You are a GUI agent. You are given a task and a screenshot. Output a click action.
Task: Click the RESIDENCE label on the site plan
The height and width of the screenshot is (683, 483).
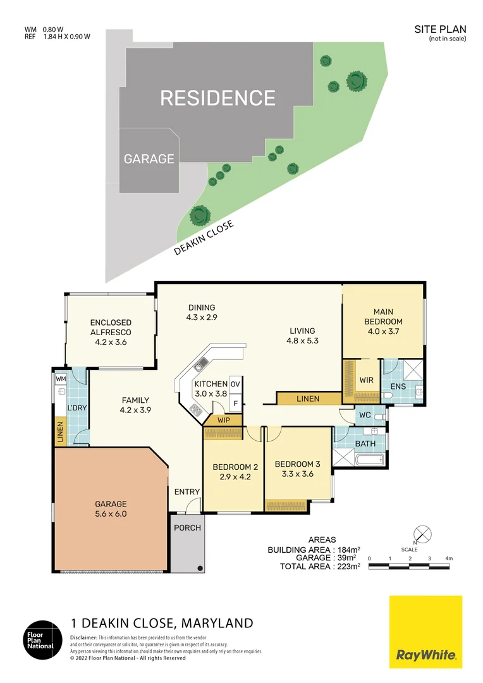[217, 98]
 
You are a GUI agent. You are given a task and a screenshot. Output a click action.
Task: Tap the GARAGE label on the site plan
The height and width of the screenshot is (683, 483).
[149, 159]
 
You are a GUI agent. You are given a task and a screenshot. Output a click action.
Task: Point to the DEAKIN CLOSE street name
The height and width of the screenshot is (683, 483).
[204, 238]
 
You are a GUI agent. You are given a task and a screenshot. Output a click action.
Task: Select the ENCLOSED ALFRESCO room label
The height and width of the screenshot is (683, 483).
[111, 327]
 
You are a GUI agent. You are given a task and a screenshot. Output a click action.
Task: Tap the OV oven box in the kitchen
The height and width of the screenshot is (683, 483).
[235, 385]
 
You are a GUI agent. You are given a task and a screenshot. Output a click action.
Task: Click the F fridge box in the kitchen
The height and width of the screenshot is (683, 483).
[235, 402]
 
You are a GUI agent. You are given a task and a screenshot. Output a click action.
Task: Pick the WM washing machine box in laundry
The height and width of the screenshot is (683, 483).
[61, 378]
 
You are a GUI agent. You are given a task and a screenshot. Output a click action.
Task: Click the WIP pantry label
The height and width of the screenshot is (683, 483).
[223, 419]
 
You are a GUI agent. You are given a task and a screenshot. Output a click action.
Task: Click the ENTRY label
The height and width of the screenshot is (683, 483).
[187, 492]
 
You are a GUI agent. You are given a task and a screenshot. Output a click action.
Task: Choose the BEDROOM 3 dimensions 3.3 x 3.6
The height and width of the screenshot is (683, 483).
[297, 474]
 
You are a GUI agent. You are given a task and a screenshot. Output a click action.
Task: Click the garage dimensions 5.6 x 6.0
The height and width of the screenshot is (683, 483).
[111, 514]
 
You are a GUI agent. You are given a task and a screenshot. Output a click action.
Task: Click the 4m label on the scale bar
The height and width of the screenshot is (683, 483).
[449, 558]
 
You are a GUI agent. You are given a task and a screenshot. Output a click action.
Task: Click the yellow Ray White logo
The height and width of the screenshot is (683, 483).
[425, 632]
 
